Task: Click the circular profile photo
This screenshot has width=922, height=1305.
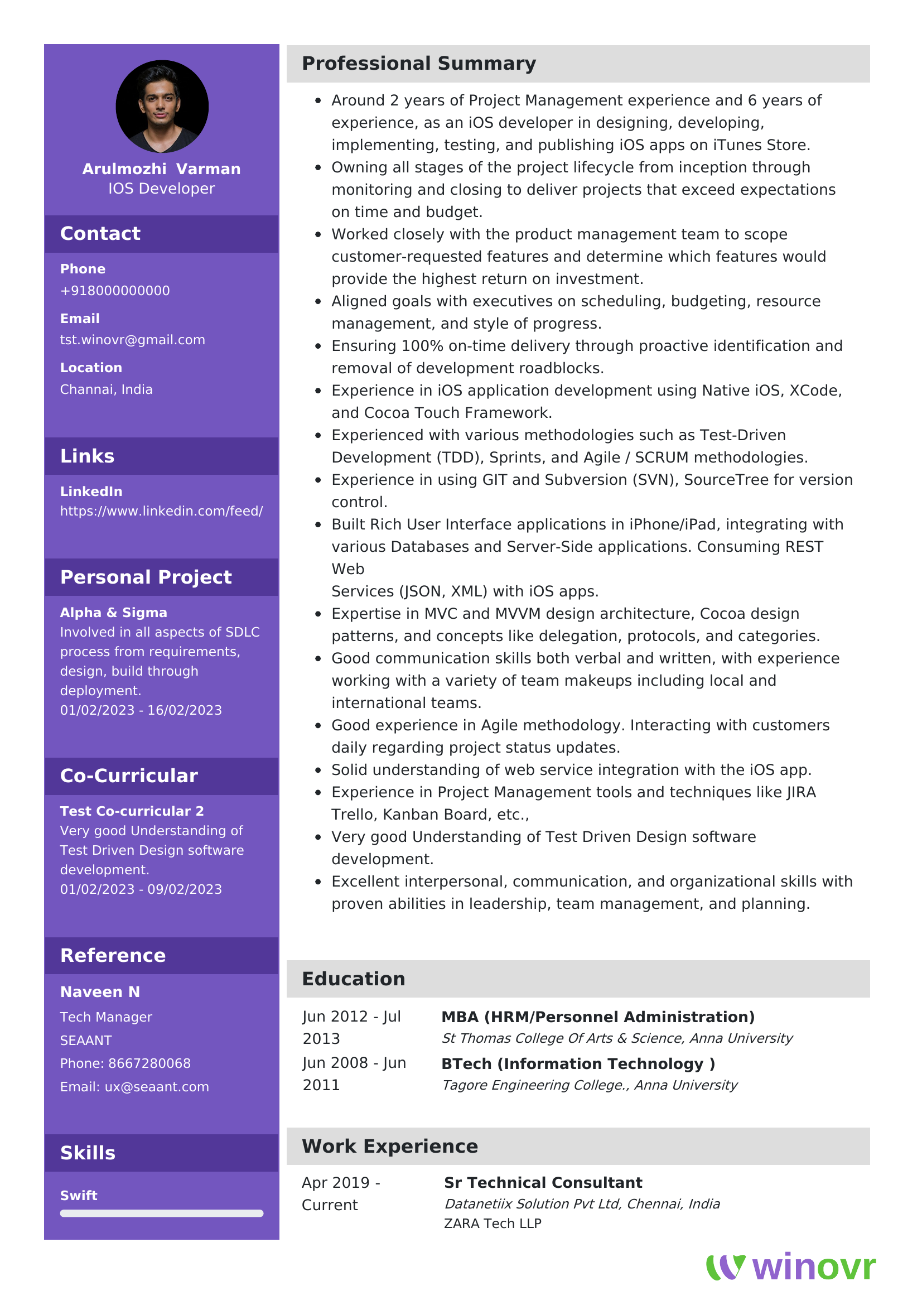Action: [162, 107]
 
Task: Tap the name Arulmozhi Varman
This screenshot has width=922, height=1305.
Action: [161, 169]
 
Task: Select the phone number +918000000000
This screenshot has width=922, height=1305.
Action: [115, 291]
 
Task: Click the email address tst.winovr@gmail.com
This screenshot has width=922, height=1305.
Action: [132, 340]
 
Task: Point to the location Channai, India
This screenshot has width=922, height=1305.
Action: [106, 389]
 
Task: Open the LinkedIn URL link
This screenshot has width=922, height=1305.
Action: [161, 511]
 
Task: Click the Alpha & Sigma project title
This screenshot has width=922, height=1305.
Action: [114, 613]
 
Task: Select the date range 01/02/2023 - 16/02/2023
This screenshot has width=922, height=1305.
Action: [141, 710]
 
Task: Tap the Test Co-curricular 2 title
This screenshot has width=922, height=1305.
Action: [132, 811]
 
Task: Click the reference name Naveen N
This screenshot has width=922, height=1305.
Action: [100, 992]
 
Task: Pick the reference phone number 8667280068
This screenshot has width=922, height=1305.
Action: [149, 1063]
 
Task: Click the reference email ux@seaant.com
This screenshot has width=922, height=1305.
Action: [157, 1087]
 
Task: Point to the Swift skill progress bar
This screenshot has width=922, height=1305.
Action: [161, 1213]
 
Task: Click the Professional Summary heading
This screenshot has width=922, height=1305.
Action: [419, 64]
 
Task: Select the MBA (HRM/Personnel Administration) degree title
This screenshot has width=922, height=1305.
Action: [597, 1017]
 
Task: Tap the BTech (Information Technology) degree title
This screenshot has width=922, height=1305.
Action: [578, 1064]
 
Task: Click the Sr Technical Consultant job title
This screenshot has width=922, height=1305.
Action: [543, 1183]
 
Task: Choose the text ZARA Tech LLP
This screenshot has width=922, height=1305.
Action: [493, 1223]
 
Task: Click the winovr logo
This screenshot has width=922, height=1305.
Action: [791, 1267]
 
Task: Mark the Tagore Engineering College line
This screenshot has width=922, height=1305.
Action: [589, 1085]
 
